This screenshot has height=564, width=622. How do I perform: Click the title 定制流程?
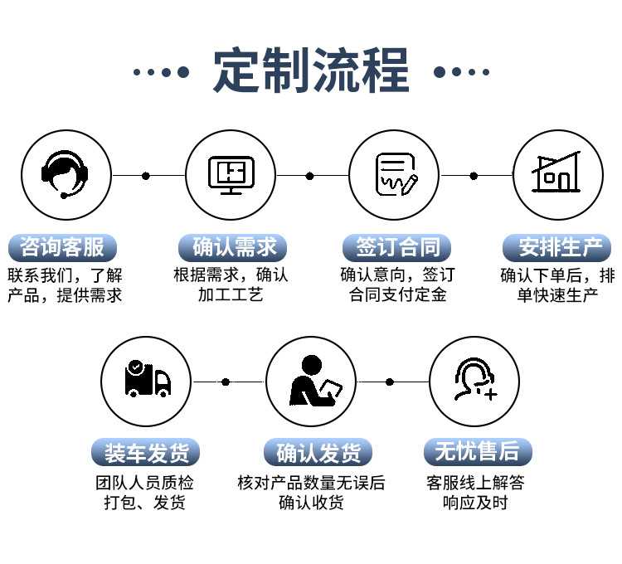click(x=311, y=71)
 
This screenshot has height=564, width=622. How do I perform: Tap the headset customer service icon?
click(x=65, y=175)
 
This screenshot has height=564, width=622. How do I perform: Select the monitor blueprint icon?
click(x=230, y=175)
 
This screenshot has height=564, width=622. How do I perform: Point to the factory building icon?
click(x=557, y=175)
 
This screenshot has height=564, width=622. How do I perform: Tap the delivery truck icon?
click(x=146, y=381)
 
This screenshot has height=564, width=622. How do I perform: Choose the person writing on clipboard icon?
click(x=311, y=381)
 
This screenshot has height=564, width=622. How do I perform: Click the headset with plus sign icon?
click(x=475, y=381)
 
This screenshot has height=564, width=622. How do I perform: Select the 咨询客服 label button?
click(x=62, y=247)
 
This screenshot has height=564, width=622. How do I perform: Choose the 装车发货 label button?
click(x=147, y=453)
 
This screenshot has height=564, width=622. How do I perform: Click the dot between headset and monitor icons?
click(x=146, y=176)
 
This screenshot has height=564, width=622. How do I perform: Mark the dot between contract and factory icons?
click(x=474, y=176)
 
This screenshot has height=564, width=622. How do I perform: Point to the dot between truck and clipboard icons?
click(x=226, y=382)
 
